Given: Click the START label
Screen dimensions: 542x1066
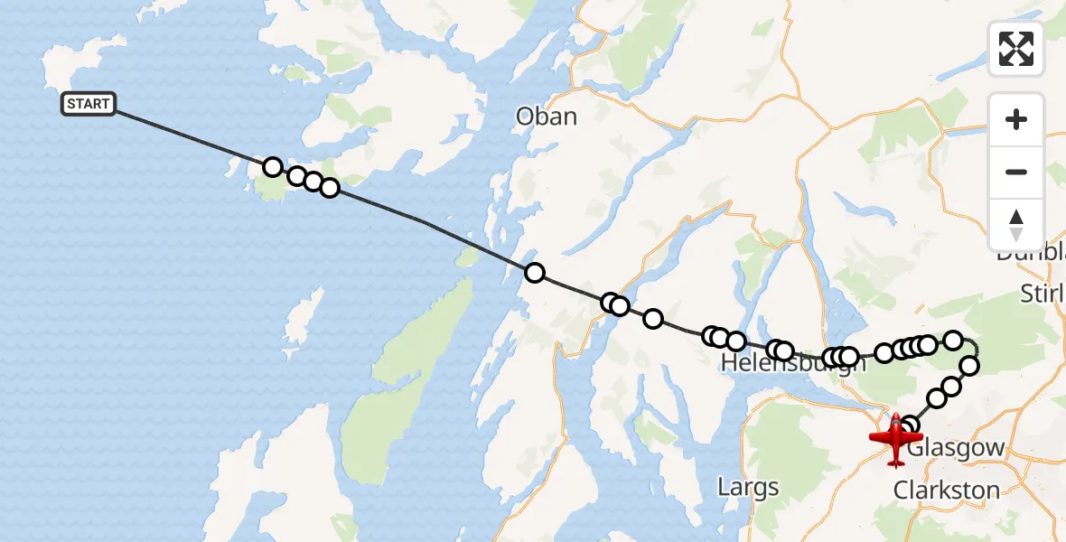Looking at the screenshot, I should (89, 104).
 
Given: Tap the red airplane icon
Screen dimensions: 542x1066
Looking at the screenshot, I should (894, 440).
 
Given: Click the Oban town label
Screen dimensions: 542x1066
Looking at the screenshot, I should (546, 117).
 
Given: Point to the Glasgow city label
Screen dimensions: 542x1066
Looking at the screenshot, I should (956, 448).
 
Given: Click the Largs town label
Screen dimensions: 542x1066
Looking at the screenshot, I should (748, 488).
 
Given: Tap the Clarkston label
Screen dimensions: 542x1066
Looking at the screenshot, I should (946, 491).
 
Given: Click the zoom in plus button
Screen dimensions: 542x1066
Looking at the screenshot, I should (1016, 119).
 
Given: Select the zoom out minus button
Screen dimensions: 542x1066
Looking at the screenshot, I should (1016, 172).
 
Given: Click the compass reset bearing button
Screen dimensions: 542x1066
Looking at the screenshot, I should (1016, 224).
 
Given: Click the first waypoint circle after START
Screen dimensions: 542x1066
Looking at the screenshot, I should (272, 167).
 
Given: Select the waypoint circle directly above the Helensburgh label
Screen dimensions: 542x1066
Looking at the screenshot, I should (782, 350).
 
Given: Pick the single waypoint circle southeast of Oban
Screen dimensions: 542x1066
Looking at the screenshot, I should (535, 273).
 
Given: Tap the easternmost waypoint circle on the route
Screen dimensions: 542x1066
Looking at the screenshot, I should (969, 366).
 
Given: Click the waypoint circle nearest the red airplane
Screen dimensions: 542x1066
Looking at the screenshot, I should (910, 426).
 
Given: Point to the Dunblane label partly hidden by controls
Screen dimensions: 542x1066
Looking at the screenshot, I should (1030, 255).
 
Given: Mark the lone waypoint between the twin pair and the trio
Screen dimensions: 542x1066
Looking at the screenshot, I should (652, 318).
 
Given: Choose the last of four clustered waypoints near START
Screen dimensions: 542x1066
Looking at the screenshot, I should (330, 188).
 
